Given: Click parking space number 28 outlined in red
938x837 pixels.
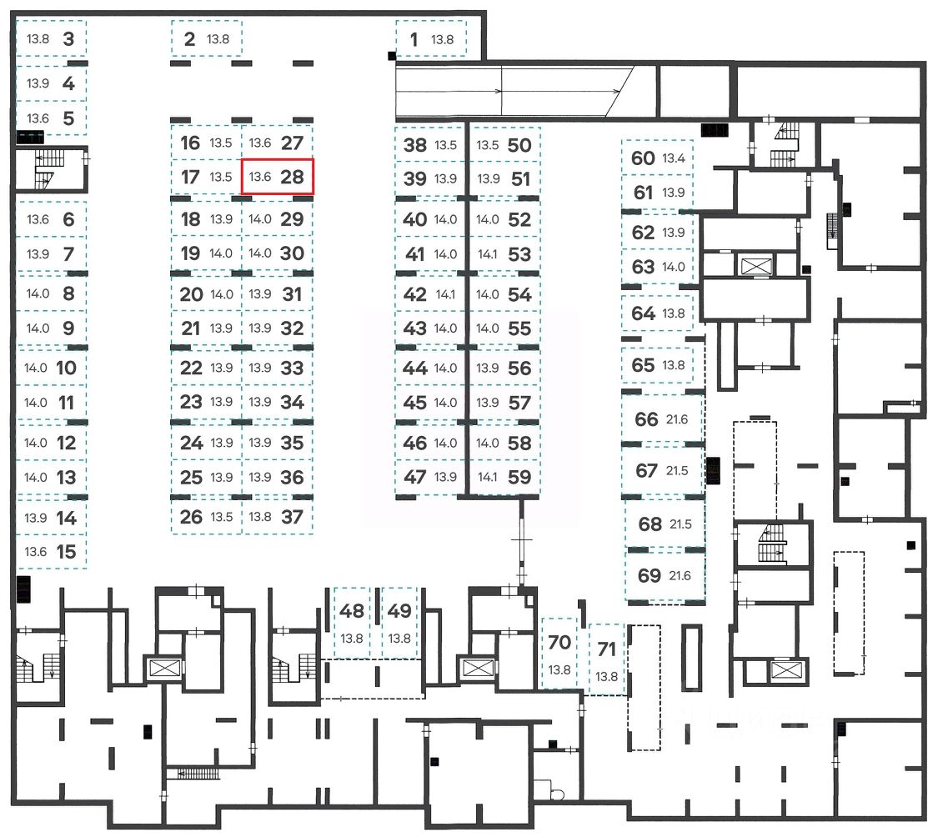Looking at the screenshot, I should (x=278, y=177).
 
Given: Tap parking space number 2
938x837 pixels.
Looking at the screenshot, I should (x=206, y=39).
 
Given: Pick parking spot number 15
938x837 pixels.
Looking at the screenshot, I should (x=51, y=552).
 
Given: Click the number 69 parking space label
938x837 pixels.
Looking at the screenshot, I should (x=649, y=575).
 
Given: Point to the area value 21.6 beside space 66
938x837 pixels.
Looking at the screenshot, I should (x=677, y=420).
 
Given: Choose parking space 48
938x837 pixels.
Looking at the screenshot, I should (x=353, y=622).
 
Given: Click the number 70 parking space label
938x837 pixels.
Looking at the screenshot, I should (x=559, y=643).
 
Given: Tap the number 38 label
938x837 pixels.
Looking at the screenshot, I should (x=414, y=145).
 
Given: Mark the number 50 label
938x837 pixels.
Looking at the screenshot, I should (x=519, y=145).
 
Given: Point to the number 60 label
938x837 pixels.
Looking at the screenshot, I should (x=643, y=158).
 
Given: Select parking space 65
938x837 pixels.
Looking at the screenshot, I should (x=656, y=365).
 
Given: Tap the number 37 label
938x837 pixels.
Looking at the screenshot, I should (x=292, y=517).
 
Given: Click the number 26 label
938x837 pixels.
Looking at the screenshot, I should (x=191, y=517).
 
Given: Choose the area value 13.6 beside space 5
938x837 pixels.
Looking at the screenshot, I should (x=38, y=118).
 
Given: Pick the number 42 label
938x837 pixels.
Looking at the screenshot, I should (x=414, y=294).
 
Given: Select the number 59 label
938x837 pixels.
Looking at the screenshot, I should (x=519, y=478).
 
